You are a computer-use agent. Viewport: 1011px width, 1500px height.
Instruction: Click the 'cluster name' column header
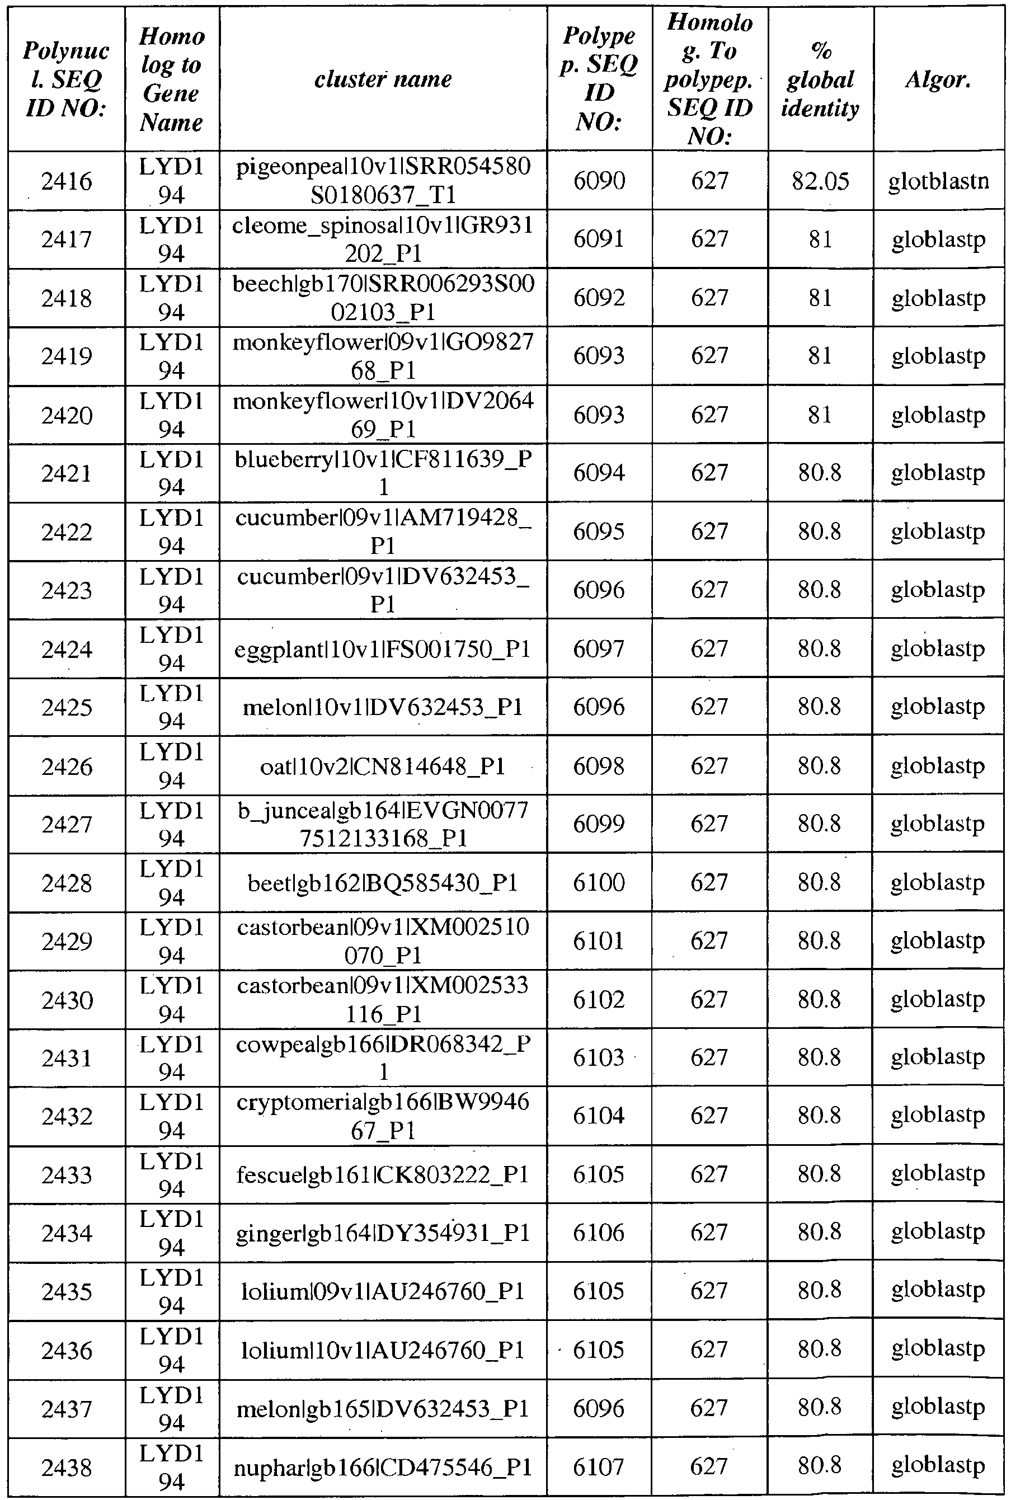[x=383, y=79]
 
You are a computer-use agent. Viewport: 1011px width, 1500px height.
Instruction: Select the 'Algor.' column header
[x=938, y=79]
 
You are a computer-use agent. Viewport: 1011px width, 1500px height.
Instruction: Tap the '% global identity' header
[x=820, y=79]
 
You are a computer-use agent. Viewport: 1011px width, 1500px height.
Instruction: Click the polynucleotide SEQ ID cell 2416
[x=67, y=181]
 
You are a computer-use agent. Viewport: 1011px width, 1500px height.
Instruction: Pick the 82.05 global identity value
[x=820, y=181]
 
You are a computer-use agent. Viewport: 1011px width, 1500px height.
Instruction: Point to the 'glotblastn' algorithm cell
[x=938, y=181]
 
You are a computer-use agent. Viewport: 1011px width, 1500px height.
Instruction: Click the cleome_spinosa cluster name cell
[x=383, y=239]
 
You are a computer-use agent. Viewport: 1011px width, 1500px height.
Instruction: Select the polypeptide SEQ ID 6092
[x=599, y=298]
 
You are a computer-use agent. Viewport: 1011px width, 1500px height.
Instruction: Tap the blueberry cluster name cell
[x=383, y=473]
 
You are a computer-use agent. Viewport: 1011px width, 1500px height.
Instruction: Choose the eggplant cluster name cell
[x=383, y=649]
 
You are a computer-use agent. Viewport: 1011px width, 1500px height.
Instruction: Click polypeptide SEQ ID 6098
[x=599, y=766]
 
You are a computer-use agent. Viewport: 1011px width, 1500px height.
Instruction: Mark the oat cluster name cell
[x=383, y=766]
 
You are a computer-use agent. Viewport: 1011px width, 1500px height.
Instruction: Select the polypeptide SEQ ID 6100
[x=599, y=882]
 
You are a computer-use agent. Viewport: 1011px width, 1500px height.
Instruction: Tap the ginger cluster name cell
[x=383, y=1233]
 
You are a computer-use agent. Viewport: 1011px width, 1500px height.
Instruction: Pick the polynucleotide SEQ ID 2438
[x=67, y=1468]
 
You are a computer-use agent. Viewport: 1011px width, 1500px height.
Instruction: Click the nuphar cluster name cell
[x=383, y=1468]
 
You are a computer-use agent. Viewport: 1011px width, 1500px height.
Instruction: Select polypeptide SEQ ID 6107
[x=599, y=1468]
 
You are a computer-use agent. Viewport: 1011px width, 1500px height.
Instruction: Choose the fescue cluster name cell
[x=383, y=1175]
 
